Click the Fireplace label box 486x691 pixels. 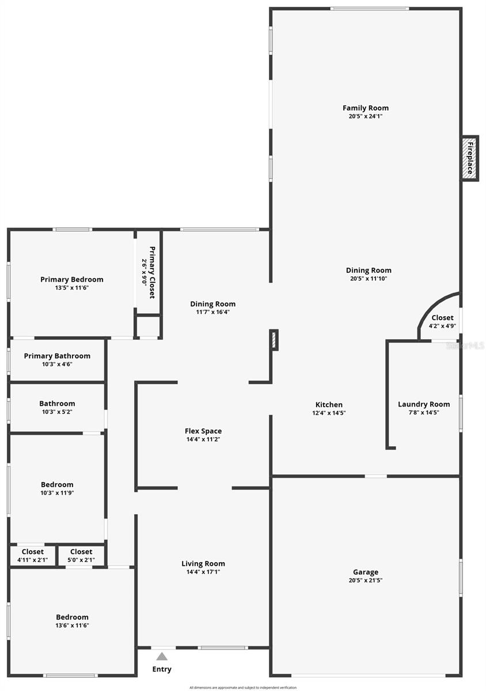[x=470, y=158]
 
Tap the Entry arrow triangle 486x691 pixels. [x=162, y=656]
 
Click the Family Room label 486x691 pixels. [x=366, y=108]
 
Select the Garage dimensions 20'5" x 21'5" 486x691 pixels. [x=366, y=580]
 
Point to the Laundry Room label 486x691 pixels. [x=424, y=404]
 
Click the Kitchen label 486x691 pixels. [x=329, y=405]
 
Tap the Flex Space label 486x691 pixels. [x=203, y=431]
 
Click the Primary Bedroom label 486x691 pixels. [x=72, y=280]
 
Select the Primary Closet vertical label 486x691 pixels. [x=149, y=272]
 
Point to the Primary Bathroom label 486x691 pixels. [x=57, y=356]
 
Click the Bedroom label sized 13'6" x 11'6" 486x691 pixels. [x=72, y=617]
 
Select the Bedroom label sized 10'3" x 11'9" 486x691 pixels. [x=57, y=485]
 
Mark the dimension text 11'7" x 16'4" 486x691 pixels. [x=213, y=312]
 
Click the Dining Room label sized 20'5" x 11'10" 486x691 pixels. [x=369, y=271]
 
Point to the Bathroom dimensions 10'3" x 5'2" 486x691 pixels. [x=57, y=412]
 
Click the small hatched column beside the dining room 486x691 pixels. [x=275, y=340]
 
